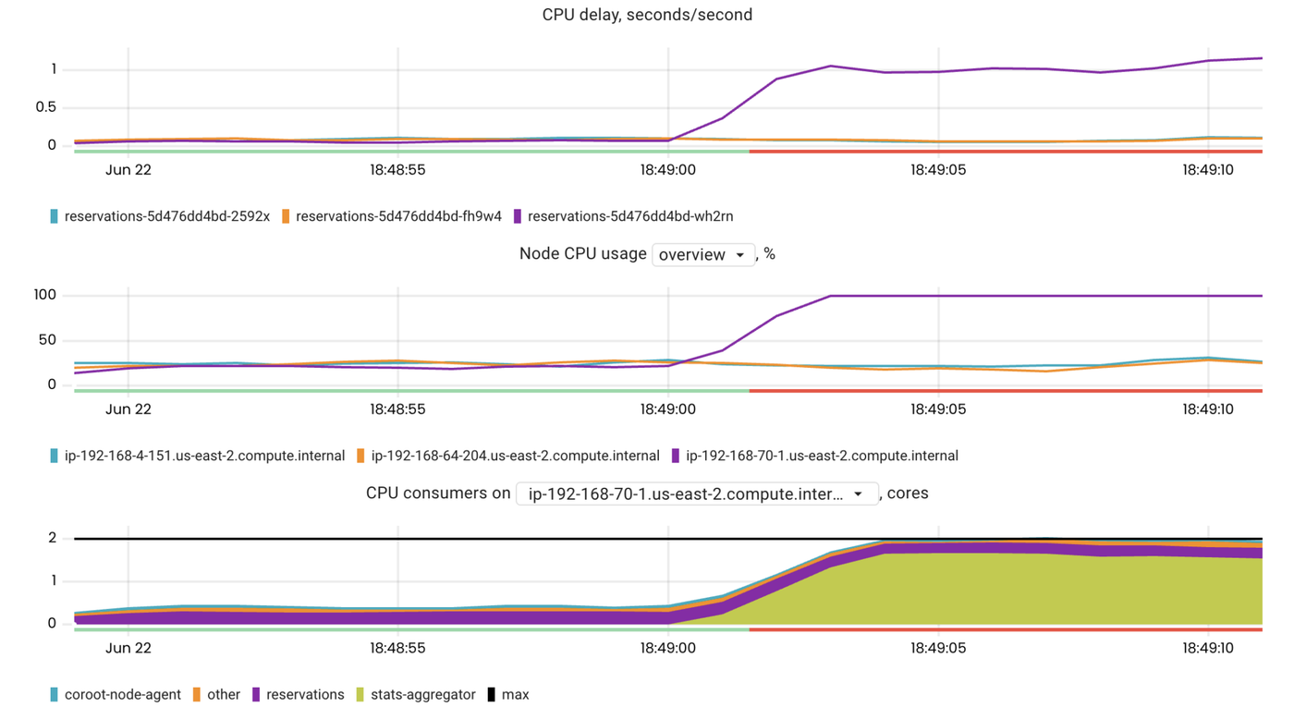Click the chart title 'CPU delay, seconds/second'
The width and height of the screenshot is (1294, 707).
point(647,15)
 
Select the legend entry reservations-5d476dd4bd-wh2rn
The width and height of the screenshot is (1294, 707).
point(629,216)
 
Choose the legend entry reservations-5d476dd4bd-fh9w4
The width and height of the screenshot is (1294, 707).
point(398,216)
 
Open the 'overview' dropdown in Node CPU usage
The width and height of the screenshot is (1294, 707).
point(703,254)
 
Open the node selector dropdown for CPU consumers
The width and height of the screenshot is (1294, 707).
point(697,494)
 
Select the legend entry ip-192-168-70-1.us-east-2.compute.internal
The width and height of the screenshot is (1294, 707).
point(821,456)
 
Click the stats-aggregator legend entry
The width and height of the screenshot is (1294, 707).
point(422,694)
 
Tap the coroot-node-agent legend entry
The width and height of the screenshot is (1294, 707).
point(122,694)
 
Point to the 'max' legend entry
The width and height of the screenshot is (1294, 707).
point(515,694)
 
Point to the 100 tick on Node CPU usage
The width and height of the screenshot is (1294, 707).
point(45,296)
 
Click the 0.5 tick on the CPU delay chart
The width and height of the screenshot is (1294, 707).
point(45,107)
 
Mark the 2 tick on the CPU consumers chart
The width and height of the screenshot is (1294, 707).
point(53,538)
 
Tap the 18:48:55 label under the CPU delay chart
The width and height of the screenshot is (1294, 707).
point(397,169)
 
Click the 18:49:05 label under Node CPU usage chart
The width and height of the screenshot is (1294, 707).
point(938,408)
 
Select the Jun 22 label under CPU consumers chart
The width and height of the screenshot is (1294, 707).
point(128,648)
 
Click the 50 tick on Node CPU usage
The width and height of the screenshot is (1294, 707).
point(47,340)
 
